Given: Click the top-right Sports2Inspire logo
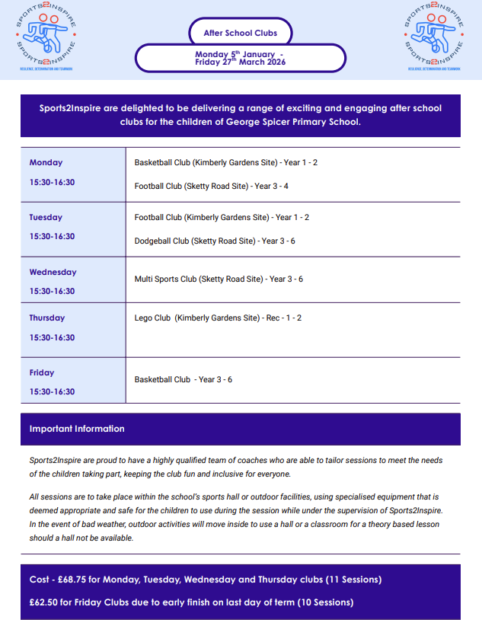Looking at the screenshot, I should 434,38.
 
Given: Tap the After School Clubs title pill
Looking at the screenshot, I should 240,33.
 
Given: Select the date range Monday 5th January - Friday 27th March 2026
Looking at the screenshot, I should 240,58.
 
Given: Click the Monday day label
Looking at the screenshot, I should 46,162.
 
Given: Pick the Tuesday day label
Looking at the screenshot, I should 46,217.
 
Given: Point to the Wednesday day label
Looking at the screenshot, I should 53,272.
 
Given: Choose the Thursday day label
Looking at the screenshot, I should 47,318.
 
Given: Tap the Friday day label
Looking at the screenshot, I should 42,372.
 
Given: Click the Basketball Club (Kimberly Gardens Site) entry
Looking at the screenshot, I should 225,162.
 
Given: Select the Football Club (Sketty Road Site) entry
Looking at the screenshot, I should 211,186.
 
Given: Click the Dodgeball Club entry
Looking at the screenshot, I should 214,241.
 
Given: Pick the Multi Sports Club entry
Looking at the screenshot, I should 219,279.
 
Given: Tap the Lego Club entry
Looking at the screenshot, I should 218,318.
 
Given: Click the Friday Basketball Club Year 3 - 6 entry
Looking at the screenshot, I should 183,379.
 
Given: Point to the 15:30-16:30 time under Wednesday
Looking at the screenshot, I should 52,291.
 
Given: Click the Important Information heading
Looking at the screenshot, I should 77,429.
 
